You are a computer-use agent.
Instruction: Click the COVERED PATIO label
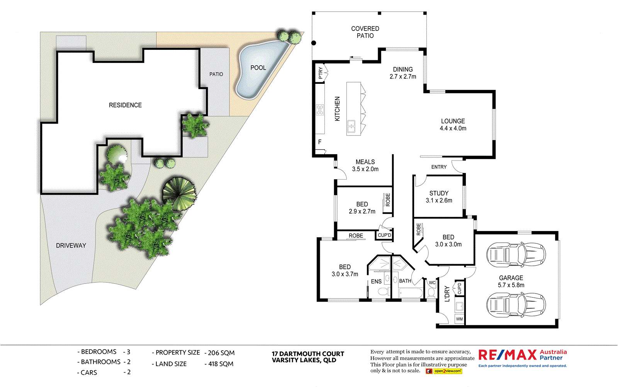point(365,32)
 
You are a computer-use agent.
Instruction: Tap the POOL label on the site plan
point(258,68)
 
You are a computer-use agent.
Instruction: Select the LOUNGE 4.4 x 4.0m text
point(453,124)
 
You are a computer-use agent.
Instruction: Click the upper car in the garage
point(516,255)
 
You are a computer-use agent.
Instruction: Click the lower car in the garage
point(516,305)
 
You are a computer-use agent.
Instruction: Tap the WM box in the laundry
point(459,319)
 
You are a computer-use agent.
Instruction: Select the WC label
point(432,283)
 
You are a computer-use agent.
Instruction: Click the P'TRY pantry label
point(321,73)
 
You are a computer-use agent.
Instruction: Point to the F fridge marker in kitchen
point(320,142)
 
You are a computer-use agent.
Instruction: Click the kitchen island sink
point(351,126)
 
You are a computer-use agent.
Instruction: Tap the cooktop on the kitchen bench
point(320,110)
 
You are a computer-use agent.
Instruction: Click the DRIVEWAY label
point(71,246)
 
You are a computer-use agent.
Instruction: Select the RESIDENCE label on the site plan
point(125,105)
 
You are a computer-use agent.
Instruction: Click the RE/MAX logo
point(508,355)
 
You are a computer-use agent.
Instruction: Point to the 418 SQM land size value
point(221,364)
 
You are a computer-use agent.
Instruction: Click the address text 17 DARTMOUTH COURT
point(307,354)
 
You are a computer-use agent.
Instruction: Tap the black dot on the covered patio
point(314,43)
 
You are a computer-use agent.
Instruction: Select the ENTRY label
point(439,167)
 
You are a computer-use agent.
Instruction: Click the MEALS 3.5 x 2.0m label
point(365,165)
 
